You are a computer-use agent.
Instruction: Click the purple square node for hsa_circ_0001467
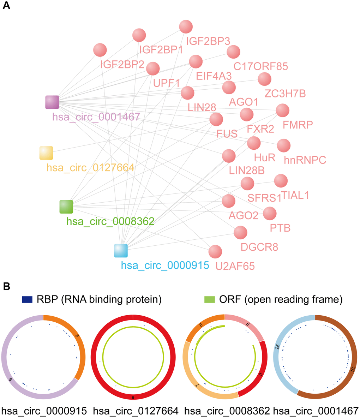click(52, 102)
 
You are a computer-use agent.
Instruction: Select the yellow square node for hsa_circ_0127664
click(46, 153)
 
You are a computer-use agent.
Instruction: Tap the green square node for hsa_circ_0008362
click(66, 207)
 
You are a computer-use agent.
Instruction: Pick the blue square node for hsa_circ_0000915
click(121, 250)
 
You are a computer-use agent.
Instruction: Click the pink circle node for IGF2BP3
click(186, 27)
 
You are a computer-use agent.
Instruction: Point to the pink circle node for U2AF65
click(215, 252)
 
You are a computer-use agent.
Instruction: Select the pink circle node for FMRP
click(282, 111)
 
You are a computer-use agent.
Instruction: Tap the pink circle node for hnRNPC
click(284, 145)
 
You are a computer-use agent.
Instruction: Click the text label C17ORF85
click(261, 66)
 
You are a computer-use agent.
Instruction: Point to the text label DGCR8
click(259, 247)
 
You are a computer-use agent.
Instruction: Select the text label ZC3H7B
click(285, 94)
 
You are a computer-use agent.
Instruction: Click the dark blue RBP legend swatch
click(27, 300)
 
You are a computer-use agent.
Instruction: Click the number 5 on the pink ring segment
click(248, 324)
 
